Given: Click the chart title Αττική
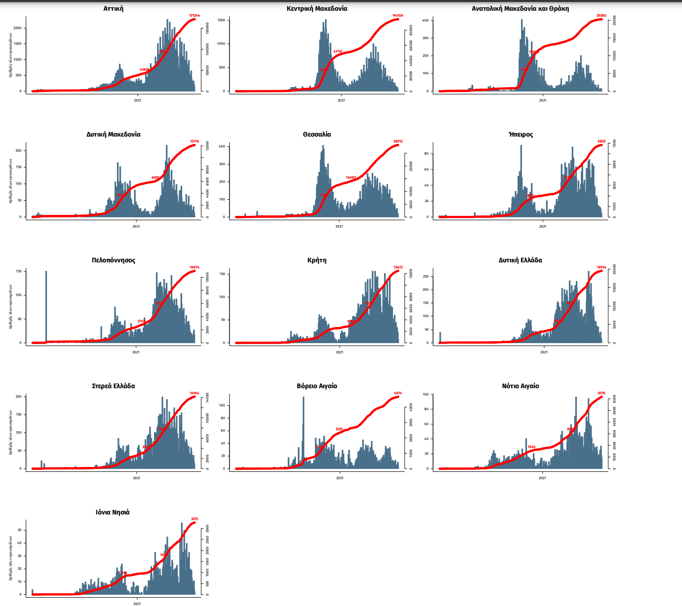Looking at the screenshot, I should tap(114, 9).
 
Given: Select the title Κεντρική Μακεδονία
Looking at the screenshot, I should tap(317, 9).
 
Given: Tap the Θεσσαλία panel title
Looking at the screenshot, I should tap(317, 135).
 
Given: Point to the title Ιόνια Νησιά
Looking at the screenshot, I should tap(113, 513).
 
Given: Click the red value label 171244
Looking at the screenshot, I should tap(194, 16).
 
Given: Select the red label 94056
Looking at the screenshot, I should tap(398, 16).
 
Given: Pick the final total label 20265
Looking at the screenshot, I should tap(601, 16).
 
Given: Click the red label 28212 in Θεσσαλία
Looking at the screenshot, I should tap(398, 141).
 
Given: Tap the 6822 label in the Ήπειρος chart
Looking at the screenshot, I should tap(601, 141).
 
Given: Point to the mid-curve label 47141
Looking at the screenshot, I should tap(338, 51).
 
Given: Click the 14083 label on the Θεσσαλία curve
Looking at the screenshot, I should tap(351, 178).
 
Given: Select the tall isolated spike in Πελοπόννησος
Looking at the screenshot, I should tap(46, 306).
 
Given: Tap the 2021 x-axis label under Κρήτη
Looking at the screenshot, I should tap(340, 352).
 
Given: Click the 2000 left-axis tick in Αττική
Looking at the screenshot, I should tap(18, 28).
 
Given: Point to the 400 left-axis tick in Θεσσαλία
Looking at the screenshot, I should tap(222, 146).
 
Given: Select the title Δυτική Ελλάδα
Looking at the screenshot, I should tap(521, 260).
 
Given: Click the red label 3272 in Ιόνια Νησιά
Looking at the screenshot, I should tap(194, 519).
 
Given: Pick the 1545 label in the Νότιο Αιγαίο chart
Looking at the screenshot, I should tap(531, 447).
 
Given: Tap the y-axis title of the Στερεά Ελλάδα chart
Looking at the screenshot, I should tap(11, 432).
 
